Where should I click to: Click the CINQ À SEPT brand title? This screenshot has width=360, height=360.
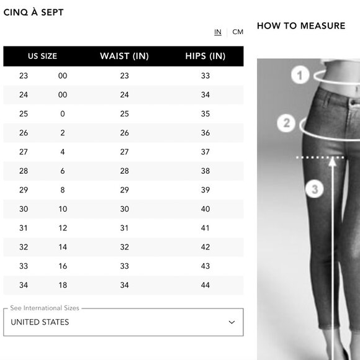click(34, 12)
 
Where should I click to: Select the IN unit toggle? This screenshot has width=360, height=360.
click(218, 32)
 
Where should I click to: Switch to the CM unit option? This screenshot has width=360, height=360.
click(238, 32)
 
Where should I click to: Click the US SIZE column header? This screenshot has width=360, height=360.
click(42, 56)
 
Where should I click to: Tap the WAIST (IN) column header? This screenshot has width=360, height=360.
click(124, 56)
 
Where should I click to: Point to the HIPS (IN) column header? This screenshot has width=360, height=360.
click(205, 56)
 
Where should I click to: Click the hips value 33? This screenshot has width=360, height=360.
click(205, 76)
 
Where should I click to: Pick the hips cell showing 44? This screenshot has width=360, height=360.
click(205, 285)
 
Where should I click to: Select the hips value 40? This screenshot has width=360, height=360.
click(205, 209)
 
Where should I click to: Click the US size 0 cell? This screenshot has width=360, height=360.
click(63, 114)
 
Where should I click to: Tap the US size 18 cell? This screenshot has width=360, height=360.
click(63, 285)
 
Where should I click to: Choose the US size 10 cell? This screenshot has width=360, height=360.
click(63, 209)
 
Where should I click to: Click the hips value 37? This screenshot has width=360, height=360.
click(205, 152)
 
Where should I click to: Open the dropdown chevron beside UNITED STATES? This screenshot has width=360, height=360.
click(232, 322)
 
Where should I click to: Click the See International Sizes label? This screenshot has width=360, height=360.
click(45, 308)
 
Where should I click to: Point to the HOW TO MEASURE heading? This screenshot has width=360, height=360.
click(301, 25)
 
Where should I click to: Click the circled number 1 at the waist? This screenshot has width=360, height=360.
click(300, 75)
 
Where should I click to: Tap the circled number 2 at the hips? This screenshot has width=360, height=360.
click(286, 124)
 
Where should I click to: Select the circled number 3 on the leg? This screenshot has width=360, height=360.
click(315, 189)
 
